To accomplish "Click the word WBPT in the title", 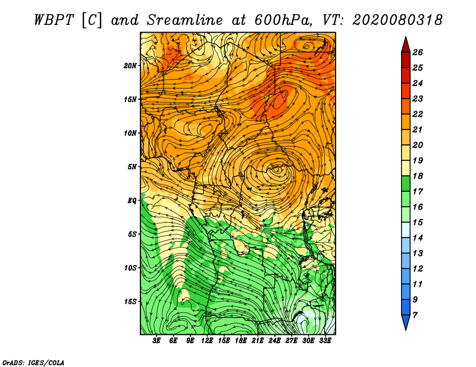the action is pos(54,20).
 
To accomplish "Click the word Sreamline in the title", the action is pos(185,20).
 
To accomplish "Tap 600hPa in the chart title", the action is pos(283,20).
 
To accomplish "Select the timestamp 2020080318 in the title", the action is pos(397,20).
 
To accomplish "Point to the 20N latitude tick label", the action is pos(130,65).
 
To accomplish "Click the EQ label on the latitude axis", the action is pos(132,200).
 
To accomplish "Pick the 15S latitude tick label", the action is pos(130,302).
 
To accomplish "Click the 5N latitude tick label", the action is pos(132,167).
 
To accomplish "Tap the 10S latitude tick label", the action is pos(130,268).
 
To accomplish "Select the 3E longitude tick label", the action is pos(156,341).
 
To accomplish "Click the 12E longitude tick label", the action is pos(206,341).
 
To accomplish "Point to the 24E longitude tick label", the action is pos(274,341).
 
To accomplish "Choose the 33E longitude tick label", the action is pos(325,341).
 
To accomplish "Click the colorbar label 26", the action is pos(418,52).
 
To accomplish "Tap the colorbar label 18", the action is pos(418,176).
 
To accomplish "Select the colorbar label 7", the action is pos(415,315).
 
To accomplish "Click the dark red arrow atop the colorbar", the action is pos(406,46).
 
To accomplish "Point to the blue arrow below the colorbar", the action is pos(406,321).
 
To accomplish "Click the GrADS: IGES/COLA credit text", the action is pos(33,362).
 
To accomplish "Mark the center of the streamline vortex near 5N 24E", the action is pos(277,169).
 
